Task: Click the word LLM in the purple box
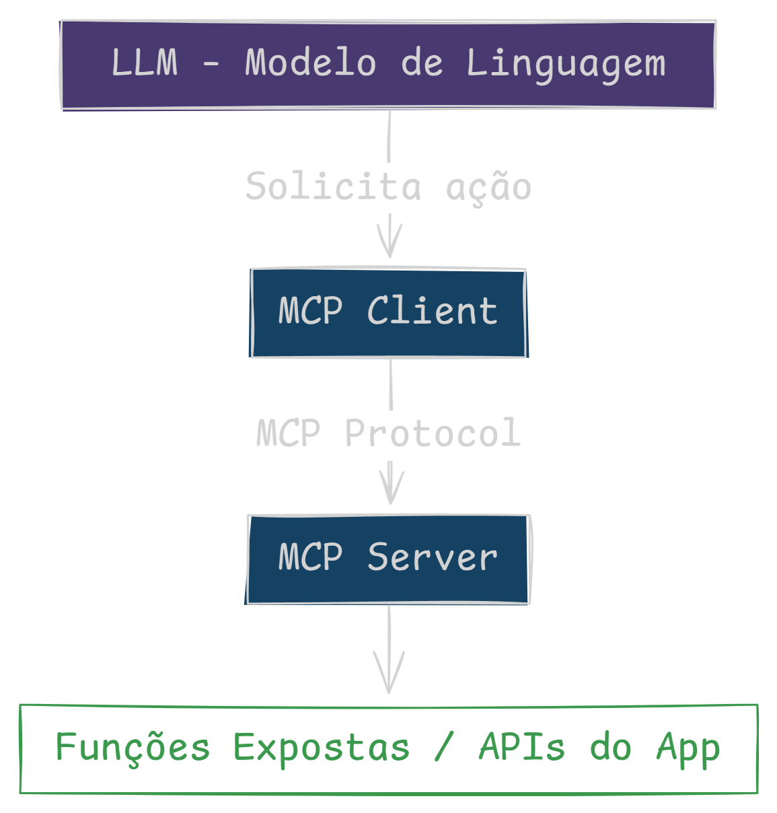pyautogui.click(x=145, y=63)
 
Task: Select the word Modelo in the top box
pyautogui.click(x=310, y=63)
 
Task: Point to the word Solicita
pyautogui.click(x=333, y=186)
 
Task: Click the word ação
pyautogui.click(x=488, y=186)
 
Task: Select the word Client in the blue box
pyautogui.click(x=432, y=311)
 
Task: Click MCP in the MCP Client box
pyautogui.click(x=310, y=311)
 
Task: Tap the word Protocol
pyautogui.click(x=433, y=433)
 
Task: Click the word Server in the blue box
pyautogui.click(x=433, y=557)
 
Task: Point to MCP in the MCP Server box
pyautogui.click(x=310, y=557)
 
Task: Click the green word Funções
pyautogui.click(x=133, y=747)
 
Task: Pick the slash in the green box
pyautogui.click(x=444, y=748)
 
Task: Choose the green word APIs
pyautogui.click(x=521, y=748)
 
